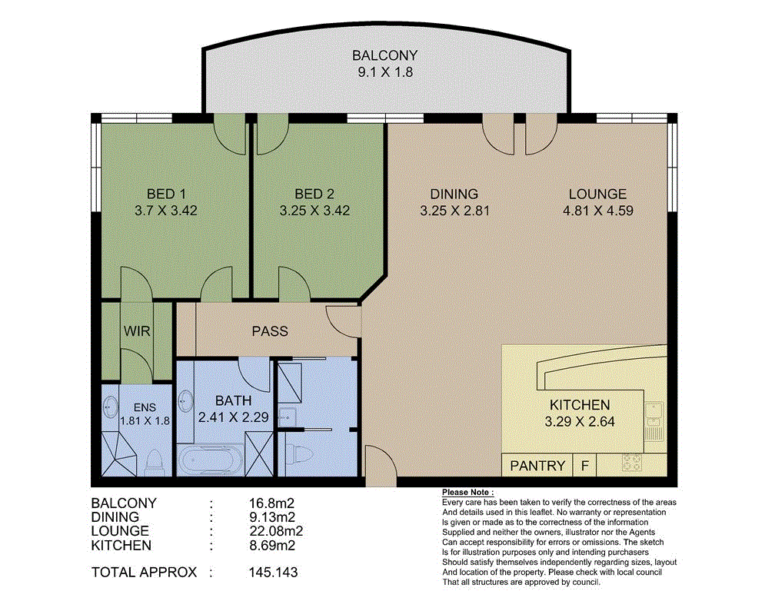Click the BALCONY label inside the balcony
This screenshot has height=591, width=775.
384,55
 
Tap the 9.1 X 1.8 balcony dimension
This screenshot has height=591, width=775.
384,73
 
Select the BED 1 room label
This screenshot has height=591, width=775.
167,194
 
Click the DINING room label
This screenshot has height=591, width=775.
454,194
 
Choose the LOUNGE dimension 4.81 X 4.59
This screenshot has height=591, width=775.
597,210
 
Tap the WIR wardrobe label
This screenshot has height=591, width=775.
137,331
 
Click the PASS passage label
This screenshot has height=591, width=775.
270,331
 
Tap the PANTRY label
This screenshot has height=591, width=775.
538,465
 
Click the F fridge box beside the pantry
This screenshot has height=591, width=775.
585,465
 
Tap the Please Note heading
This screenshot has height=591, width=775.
468,492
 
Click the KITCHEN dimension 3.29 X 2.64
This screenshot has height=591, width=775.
580,421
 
